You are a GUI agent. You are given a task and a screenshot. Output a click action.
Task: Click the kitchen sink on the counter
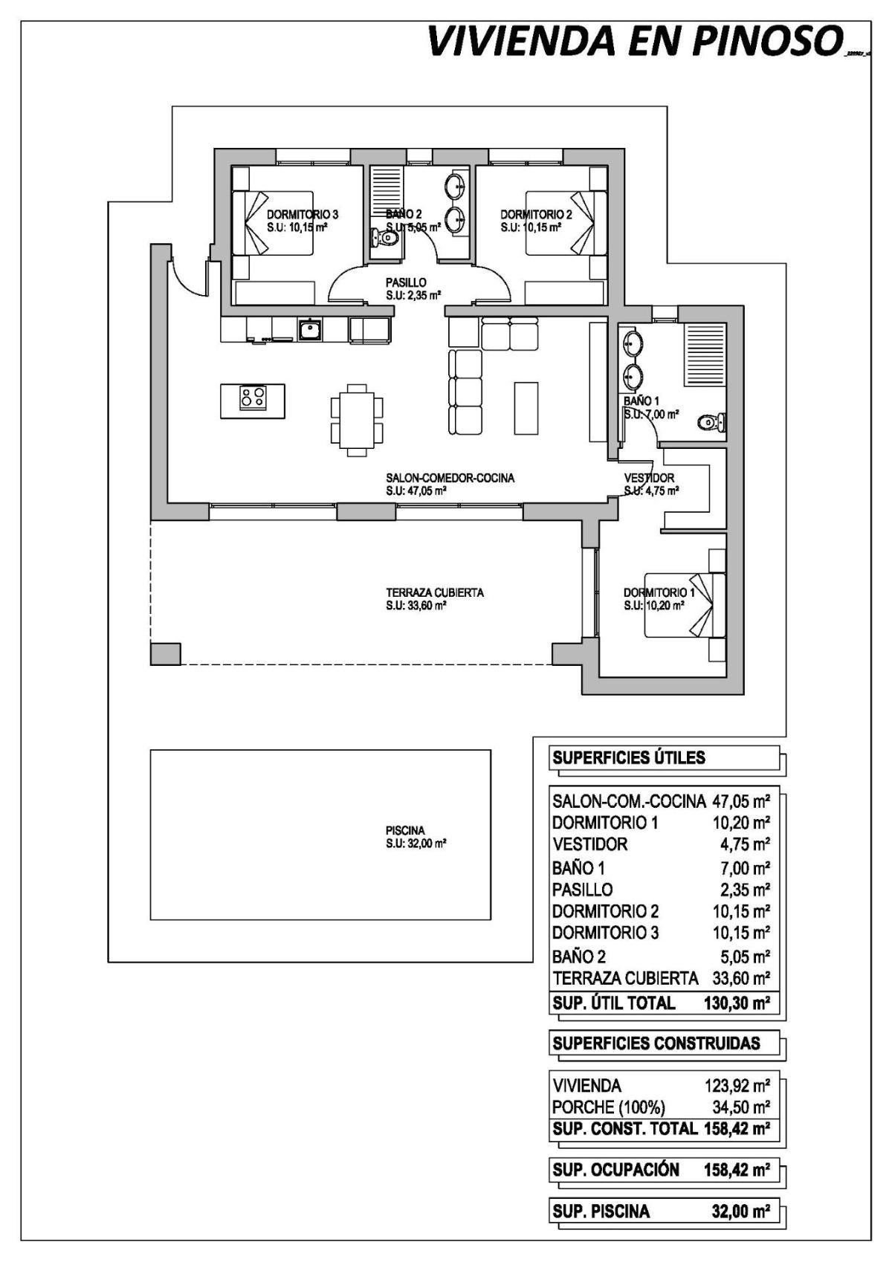[x=310, y=329]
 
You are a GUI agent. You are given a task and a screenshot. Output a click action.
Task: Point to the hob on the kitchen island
[x=253, y=398]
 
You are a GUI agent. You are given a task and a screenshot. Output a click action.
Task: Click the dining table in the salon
[x=357, y=418]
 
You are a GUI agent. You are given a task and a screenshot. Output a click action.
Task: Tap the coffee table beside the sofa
[x=526, y=407]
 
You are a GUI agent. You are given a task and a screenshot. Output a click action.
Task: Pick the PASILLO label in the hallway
[x=406, y=282]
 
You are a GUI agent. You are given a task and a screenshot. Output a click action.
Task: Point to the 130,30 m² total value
[x=736, y=1003]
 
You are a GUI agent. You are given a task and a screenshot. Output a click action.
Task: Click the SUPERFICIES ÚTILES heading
[x=628, y=758]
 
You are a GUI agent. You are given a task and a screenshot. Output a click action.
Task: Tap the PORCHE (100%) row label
[x=608, y=1107]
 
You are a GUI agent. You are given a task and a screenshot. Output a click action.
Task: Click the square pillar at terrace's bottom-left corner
[x=165, y=653]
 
